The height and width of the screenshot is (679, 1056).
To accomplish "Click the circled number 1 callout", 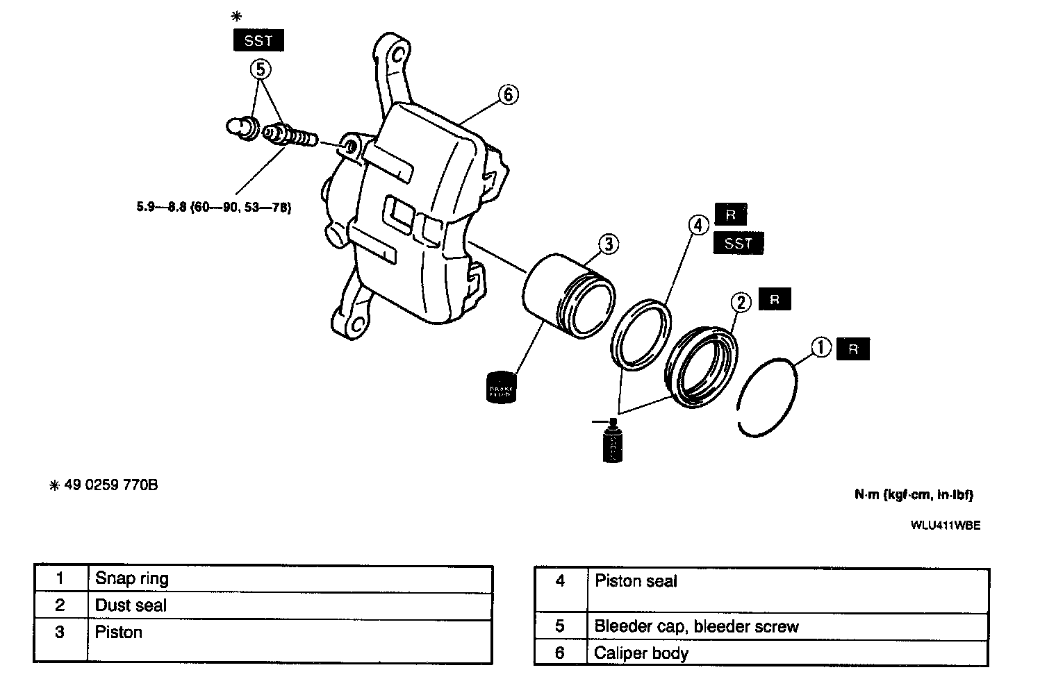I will (x=821, y=347).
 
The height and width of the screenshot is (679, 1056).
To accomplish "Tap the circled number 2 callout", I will (x=741, y=302).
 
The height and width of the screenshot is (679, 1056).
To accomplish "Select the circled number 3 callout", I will (x=608, y=244).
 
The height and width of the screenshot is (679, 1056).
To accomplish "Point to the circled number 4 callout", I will (x=698, y=224).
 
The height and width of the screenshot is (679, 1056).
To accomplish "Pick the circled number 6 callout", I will (x=508, y=94).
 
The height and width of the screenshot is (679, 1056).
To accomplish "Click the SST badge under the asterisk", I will (x=258, y=41).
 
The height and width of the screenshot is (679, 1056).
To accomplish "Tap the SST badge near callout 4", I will (x=738, y=243).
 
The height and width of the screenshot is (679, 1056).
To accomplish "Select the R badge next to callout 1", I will (x=853, y=349).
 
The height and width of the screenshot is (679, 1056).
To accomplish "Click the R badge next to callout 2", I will (x=775, y=300).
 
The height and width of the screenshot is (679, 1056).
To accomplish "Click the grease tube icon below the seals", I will (x=612, y=442).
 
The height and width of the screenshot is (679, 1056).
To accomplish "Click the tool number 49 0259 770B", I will (x=110, y=485).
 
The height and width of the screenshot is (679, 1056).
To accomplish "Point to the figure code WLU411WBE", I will (x=946, y=526).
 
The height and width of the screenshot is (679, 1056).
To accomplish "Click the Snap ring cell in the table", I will (x=132, y=579).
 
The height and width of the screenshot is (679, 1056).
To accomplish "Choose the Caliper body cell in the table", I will (x=641, y=653).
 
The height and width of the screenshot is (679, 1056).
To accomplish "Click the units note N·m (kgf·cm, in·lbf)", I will (x=914, y=495).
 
